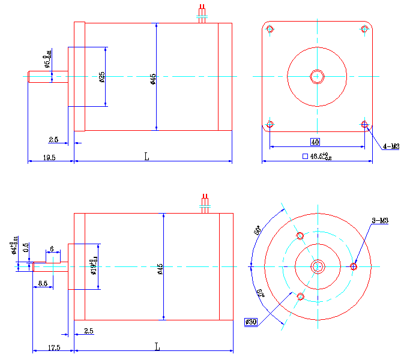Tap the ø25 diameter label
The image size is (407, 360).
(x=101, y=77)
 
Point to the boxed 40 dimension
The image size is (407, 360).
(x=315, y=142)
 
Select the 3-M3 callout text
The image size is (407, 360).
(x=380, y=221)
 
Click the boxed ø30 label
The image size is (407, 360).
(x=251, y=322)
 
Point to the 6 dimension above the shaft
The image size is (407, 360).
(x=52, y=248)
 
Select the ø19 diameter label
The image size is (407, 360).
(x=94, y=266)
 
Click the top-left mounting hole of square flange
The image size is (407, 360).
(x=270, y=29)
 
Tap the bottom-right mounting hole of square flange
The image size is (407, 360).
(x=365, y=124)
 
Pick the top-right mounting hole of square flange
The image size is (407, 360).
(x=365, y=29)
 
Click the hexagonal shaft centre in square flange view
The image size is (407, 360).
(x=317, y=76)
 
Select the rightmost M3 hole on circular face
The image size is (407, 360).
(x=354, y=266)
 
